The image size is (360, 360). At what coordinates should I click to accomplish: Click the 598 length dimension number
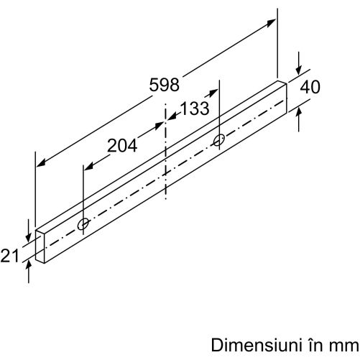pos(164,85)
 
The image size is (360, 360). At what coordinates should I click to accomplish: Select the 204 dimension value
pos(122,145)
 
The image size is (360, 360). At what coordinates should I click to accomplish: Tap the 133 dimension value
pos(195,109)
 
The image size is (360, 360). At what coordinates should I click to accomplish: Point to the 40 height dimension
pos(310,87)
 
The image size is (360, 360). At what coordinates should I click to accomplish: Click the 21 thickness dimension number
pos(9,256)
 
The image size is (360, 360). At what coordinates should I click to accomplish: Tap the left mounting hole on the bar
pos(83,224)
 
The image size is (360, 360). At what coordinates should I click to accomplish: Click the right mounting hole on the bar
pos(218,140)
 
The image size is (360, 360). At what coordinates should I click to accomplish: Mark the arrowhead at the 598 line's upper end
pos(271,23)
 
